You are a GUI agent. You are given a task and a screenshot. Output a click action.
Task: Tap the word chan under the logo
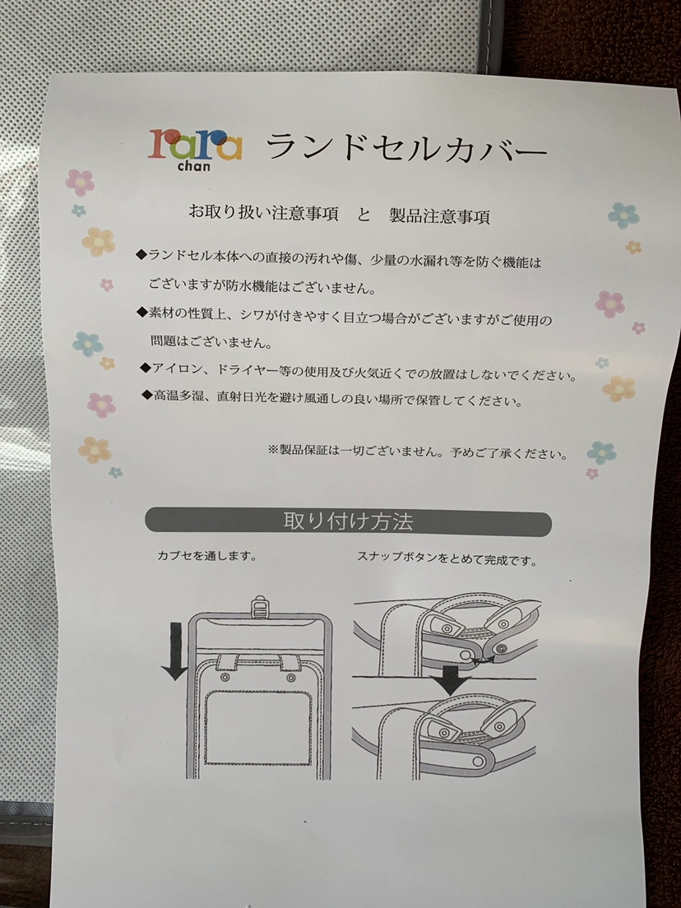point(194,167)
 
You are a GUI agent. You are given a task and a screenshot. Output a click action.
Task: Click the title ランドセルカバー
point(406,148)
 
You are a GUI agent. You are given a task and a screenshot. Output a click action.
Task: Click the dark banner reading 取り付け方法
point(348,521)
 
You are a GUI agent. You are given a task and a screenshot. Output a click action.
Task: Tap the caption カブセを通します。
point(206,556)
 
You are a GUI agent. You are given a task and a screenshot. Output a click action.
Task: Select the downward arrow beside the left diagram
point(174,649)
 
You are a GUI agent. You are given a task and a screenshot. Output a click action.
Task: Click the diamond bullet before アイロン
point(146,367)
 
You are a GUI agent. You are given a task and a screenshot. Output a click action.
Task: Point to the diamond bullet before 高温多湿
point(147,394)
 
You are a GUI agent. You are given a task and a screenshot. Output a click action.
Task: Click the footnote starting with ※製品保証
point(418,452)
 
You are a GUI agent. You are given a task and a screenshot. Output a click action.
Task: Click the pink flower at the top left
point(80,183)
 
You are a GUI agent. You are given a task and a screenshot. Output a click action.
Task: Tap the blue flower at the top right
point(623,215)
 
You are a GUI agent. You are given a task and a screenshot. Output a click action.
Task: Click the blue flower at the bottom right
point(601,453)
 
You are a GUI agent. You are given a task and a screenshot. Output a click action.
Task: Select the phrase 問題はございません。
point(211,342)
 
